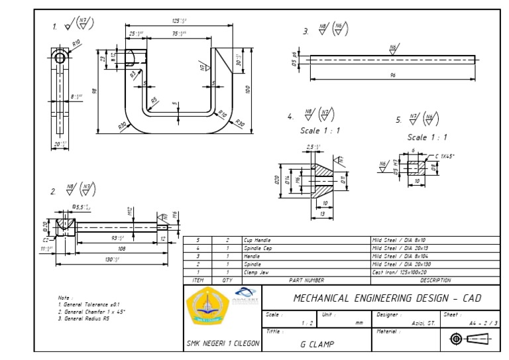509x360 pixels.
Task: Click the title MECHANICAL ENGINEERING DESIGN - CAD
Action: coord(387,298)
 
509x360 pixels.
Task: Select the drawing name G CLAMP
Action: coord(317,344)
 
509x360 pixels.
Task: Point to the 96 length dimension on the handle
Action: coord(392,76)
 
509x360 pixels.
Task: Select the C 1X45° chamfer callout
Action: coord(443,156)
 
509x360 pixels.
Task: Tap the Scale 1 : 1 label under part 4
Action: coord(320,131)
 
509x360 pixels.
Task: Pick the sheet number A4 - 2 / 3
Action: coord(482,323)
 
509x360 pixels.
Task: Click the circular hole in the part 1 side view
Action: coord(60,58)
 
